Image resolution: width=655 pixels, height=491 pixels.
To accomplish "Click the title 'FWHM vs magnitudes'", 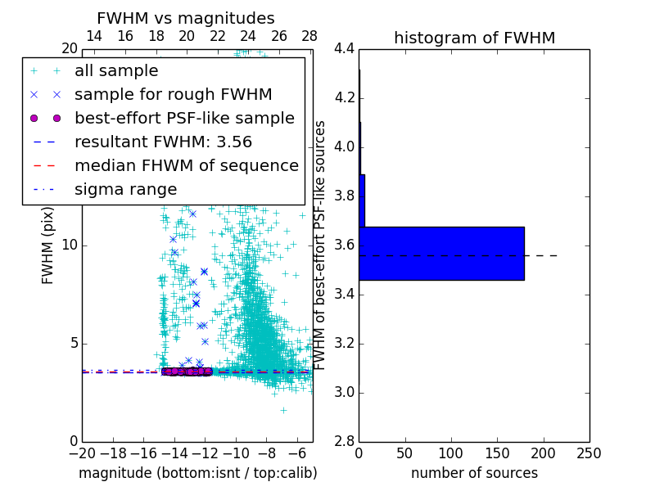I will pyautogui.click(x=186, y=18).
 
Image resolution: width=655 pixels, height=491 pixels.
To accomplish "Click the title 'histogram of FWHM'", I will pyautogui.click(x=474, y=38).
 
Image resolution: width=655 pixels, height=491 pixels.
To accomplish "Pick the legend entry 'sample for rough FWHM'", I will pyautogui.click(x=173, y=95).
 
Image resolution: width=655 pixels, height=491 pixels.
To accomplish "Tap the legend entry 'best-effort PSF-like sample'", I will pyautogui.click(x=184, y=119).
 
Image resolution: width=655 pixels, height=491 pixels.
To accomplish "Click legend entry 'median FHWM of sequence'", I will pyautogui.click(x=186, y=166).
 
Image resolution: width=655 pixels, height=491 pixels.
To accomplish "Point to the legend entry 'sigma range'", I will pyautogui.click(x=125, y=190).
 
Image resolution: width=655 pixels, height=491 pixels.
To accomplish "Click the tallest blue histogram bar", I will pyautogui.click(x=441, y=254).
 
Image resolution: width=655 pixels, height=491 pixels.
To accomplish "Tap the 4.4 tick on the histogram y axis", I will pyautogui.click(x=344, y=49).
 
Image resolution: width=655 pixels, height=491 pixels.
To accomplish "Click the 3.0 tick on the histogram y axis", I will pyautogui.click(x=344, y=393).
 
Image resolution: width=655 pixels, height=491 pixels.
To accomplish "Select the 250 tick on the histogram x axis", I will pyautogui.click(x=589, y=453).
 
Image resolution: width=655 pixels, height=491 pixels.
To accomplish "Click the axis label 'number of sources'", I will pyautogui.click(x=474, y=473).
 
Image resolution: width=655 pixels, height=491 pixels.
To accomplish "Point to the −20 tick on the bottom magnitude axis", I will pyautogui.click(x=82, y=453).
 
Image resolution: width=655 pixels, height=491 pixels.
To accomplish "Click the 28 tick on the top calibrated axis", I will pyautogui.click(x=309, y=36).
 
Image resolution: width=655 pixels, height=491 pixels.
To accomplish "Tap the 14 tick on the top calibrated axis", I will pyautogui.click(x=94, y=36).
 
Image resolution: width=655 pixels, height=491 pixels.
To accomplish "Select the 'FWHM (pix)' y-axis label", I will pyautogui.click(x=47, y=245).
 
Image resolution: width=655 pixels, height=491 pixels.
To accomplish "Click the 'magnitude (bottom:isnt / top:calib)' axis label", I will pyautogui.click(x=197, y=473).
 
